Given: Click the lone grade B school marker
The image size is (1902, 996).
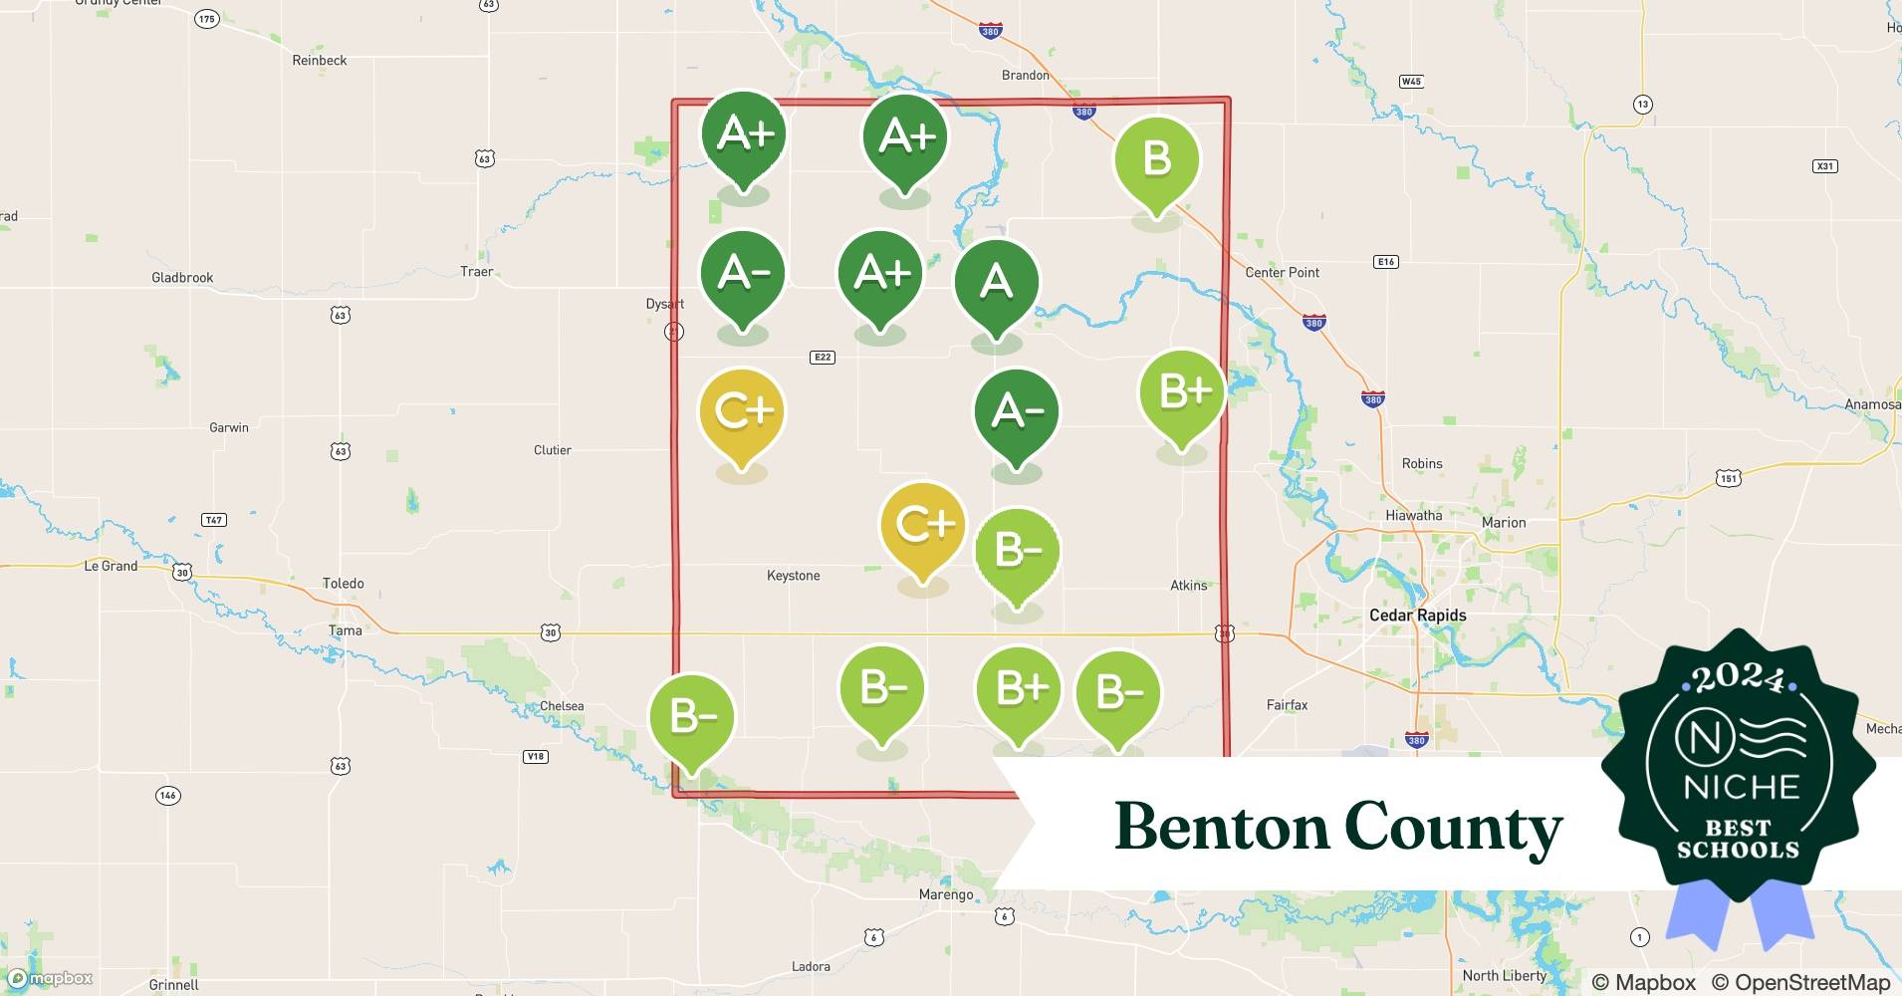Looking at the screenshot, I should (x=1156, y=158).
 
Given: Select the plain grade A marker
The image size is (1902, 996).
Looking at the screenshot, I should (x=996, y=282).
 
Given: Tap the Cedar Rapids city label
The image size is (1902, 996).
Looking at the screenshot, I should (x=1417, y=616).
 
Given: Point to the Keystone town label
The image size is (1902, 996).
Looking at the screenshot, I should (x=793, y=576).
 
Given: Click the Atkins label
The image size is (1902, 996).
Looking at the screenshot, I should (x=1188, y=586).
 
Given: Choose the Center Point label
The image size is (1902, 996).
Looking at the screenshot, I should (x=1282, y=272).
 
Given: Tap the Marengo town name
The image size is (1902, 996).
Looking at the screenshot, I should (x=945, y=894).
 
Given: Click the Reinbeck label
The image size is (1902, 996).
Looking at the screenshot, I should (x=319, y=61).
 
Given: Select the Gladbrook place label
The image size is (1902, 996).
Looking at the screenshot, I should (x=181, y=278).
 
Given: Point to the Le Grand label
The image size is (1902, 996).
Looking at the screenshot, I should (x=111, y=566).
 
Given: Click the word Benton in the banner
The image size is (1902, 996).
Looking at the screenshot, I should (x=1221, y=827).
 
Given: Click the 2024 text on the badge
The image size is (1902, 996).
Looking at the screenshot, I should (x=1737, y=678).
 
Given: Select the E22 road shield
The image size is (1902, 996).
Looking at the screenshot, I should (x=822, y=357).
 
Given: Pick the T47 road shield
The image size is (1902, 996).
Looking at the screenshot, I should (x=213, y=520).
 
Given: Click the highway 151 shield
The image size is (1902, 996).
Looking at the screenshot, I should (x=1729, y=478).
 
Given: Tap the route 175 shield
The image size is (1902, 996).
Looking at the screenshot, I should (x=206, y=19).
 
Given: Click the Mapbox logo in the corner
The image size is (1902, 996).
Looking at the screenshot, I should (x=50, y=978).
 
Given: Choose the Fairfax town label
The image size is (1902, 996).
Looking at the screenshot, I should (x=1287, y=705).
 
